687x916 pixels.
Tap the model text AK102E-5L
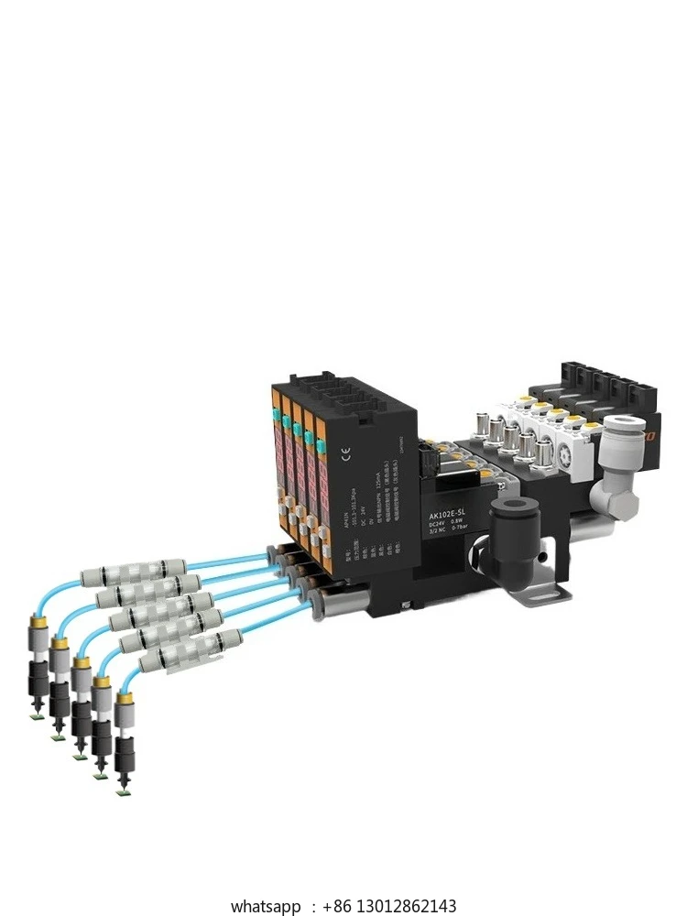452,515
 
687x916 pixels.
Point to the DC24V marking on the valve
442,527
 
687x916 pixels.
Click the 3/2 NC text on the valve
442,538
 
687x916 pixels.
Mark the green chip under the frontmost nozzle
121,792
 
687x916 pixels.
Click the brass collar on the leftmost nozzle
38,621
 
